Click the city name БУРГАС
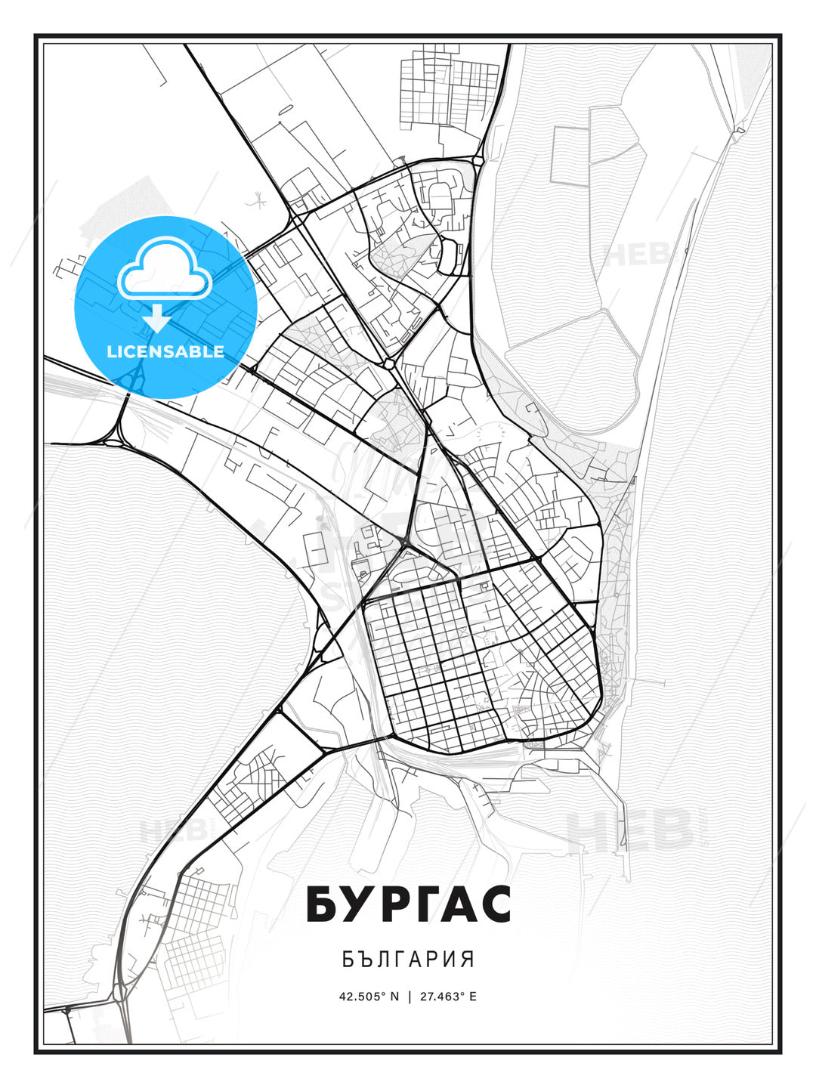[x=408, y=904]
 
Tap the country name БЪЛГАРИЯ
[x=408, y=960]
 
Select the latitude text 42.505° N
[x=369, y=996]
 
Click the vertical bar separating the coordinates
[x=408, y=996]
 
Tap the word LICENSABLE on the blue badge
[x=165, y=351]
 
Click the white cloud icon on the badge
[x=163, y=268]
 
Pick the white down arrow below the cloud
[x=157, y=317]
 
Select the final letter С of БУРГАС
[x=496, y=904]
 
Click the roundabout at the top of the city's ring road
[x=478, y=160]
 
